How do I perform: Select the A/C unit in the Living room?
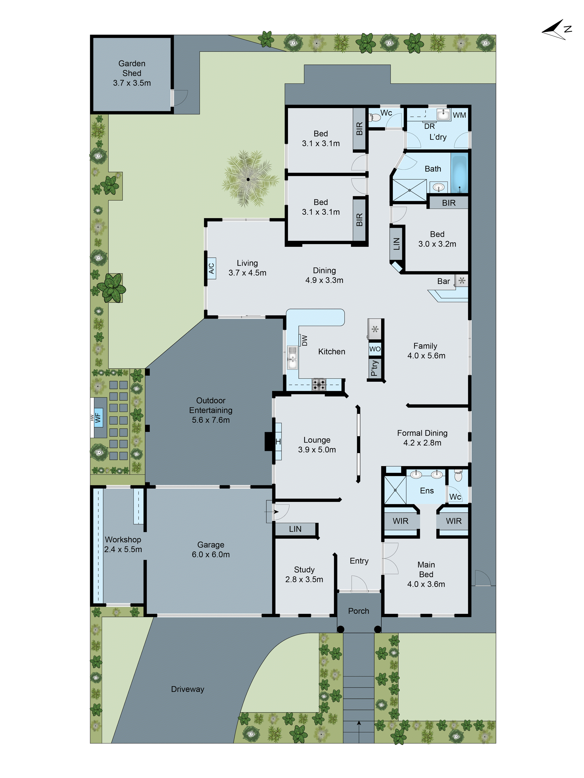point(211,268)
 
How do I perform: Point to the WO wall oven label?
point(375,349)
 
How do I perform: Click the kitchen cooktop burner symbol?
point(319,384)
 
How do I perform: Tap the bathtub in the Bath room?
point(459,173)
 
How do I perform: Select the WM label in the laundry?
point(459,115)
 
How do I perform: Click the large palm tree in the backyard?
point(248,179)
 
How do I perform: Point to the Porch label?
point(358,611)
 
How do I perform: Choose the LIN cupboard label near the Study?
point(295,529)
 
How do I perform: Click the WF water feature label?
point(98,418)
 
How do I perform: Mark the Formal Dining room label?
point(422,433)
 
